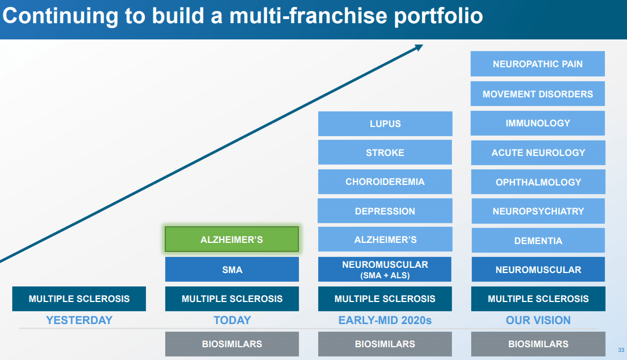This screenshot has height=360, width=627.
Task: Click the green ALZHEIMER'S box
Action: click(x=232, y=239)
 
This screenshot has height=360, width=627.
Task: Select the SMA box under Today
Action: click(x=232, y=269)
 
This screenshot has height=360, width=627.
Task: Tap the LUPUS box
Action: click(x=385, y=123)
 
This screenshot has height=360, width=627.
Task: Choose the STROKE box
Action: click(x=385, y=152)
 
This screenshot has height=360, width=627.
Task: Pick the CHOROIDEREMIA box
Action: click(x=385, y=181)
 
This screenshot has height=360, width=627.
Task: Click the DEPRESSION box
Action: click(x=385, y=211)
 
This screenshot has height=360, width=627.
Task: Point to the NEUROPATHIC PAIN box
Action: click(x=537, y=64)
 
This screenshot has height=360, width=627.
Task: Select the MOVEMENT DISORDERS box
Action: click(x=537, y=93)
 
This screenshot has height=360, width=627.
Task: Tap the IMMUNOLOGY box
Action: click(x=537, y=123)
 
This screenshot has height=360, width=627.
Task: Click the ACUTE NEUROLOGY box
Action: click(x=538, y=152)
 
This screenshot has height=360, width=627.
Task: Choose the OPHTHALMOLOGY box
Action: click(x=538, y=182)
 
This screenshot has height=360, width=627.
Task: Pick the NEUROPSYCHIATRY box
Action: click(x=538, y=211)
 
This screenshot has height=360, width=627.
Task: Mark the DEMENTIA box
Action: click(x=538, y=241)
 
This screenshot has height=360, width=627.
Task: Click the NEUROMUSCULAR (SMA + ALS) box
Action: click(x=385, y=269)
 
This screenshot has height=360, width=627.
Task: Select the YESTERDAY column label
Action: click(x=79, y=321)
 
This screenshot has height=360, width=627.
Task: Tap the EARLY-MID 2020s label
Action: click(x=385, y=321)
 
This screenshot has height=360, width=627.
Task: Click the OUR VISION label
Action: click(x=538, y=321)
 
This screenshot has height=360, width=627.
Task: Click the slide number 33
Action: click(x=621, y=350)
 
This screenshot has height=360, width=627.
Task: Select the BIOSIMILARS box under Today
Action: click(x=232, y=344)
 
